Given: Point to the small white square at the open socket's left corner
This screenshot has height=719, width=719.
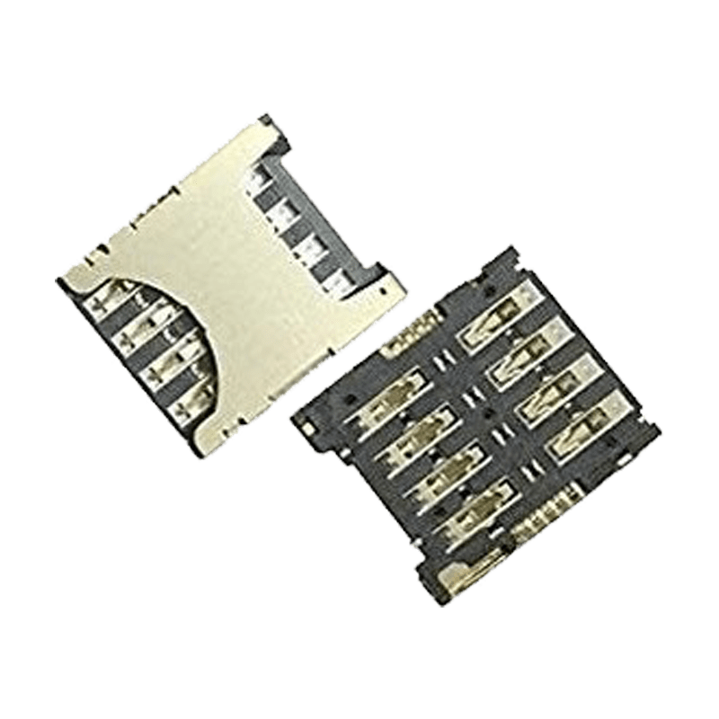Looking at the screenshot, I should [x=308, y=431].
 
